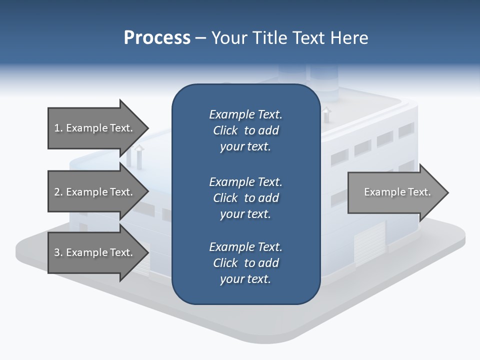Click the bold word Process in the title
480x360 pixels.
[157, 38]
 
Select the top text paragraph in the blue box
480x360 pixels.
[245, 130]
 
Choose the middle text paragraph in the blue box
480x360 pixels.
[245, 198]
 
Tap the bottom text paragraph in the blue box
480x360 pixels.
[245, 263]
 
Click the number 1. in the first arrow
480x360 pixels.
[58, 128]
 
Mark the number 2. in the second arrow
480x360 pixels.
[58, 192]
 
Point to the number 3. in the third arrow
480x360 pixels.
[58, 252]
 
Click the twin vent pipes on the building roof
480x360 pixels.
[134, 157]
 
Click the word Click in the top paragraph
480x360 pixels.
[225, 130]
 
